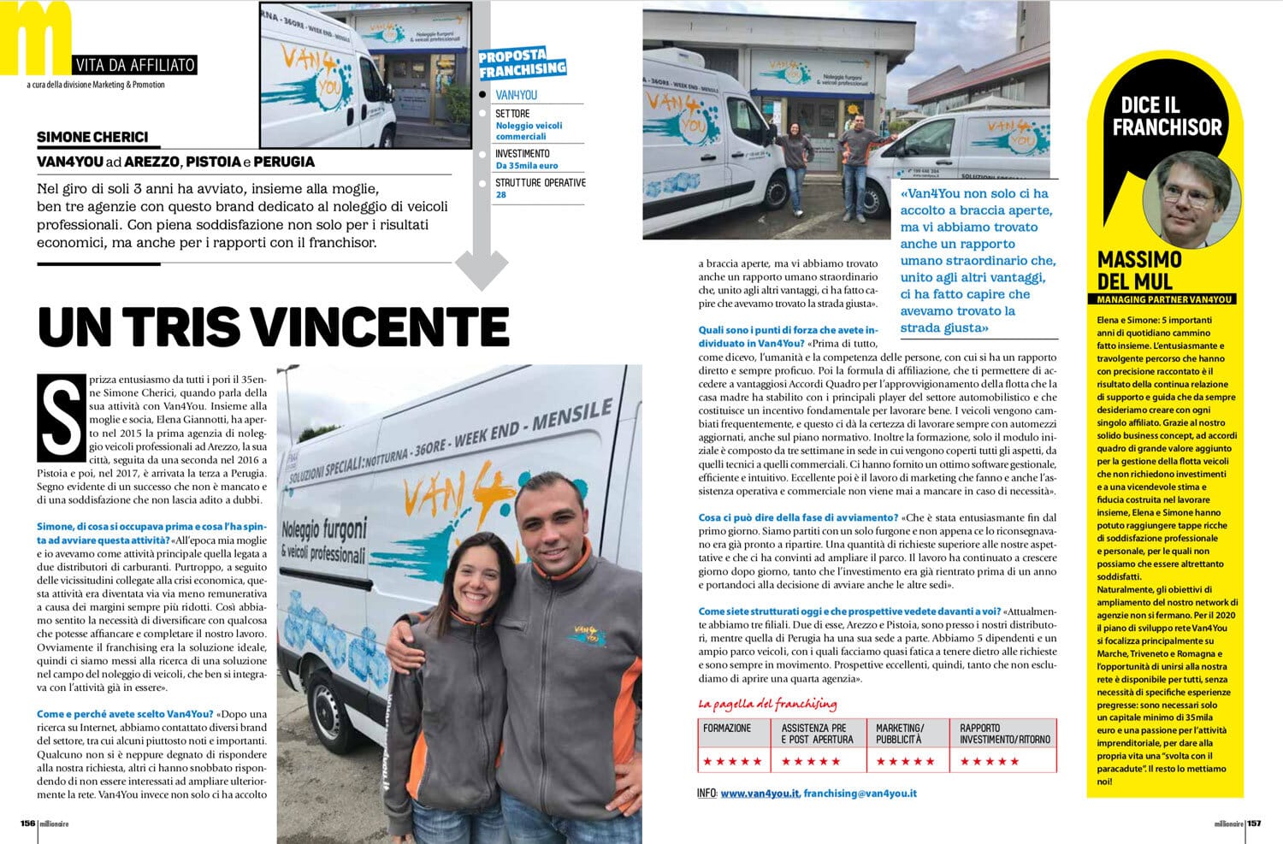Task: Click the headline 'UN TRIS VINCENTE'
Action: (273, 326)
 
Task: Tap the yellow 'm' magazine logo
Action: (36, 36)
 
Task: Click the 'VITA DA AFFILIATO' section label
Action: (135, 65)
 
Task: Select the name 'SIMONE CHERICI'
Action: (92, 137)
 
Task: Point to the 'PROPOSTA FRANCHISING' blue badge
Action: (522, 62)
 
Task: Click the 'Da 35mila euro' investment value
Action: (526, 166)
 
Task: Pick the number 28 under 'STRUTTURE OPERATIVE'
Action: (501, 195)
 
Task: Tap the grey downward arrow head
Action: (482, 269)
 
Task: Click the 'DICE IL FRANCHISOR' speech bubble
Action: (1166, 116)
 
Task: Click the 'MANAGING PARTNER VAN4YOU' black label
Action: (1166, 299)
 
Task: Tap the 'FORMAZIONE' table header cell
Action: (727, 729)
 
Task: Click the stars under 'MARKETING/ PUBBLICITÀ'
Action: (904, 761)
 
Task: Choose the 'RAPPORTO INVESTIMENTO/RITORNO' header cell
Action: (1004, 734)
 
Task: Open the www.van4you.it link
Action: (760, 794)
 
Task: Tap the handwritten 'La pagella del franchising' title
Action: (767, 705)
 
